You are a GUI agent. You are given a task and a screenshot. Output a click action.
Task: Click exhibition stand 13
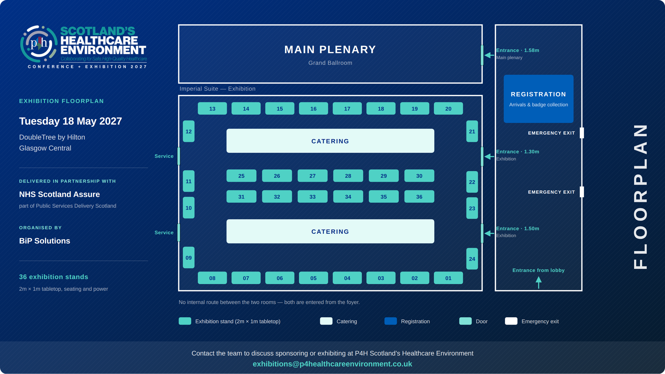click(x=212, y=108)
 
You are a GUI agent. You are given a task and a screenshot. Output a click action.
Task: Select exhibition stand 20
click(x=448, y=108)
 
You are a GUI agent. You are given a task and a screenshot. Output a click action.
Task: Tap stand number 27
click(x=312, y=176)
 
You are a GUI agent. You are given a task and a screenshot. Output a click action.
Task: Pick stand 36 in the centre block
click(x=419, y=196)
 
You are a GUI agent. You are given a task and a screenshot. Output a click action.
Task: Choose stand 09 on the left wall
click(x=188, y=257)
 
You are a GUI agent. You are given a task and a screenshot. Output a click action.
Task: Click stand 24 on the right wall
click(x=472, y=259)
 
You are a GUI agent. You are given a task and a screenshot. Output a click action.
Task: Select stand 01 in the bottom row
click(x=448, y=278)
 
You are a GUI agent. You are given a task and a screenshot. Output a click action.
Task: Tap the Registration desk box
click(x=538, y=99)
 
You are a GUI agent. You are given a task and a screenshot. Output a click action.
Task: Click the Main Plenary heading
click(x=330, y=50)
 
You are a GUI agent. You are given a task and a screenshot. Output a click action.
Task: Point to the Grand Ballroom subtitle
click(x=330, y=63)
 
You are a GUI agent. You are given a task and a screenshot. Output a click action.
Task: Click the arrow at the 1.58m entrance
click(x=489, y=55)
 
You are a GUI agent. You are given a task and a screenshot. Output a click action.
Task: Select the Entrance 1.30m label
click(x=517, y=152)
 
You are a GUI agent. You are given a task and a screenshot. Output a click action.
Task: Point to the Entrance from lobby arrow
click(x=539, y=282)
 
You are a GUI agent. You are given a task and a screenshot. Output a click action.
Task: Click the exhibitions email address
click(x=332, y=364)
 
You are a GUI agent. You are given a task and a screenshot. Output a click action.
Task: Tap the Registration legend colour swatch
click(x=390, y=321)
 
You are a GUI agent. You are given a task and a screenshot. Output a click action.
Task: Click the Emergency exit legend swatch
click(x=511, y=321)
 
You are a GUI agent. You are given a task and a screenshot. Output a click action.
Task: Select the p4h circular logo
click(x=39, y=44)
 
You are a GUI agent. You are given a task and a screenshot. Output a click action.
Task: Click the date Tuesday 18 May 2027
click(x=70, y=121)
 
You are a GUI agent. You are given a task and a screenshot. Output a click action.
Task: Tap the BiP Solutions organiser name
click(x=44, y=241)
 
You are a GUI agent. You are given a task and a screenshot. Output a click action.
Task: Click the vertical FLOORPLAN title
click(x=640, y=197)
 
